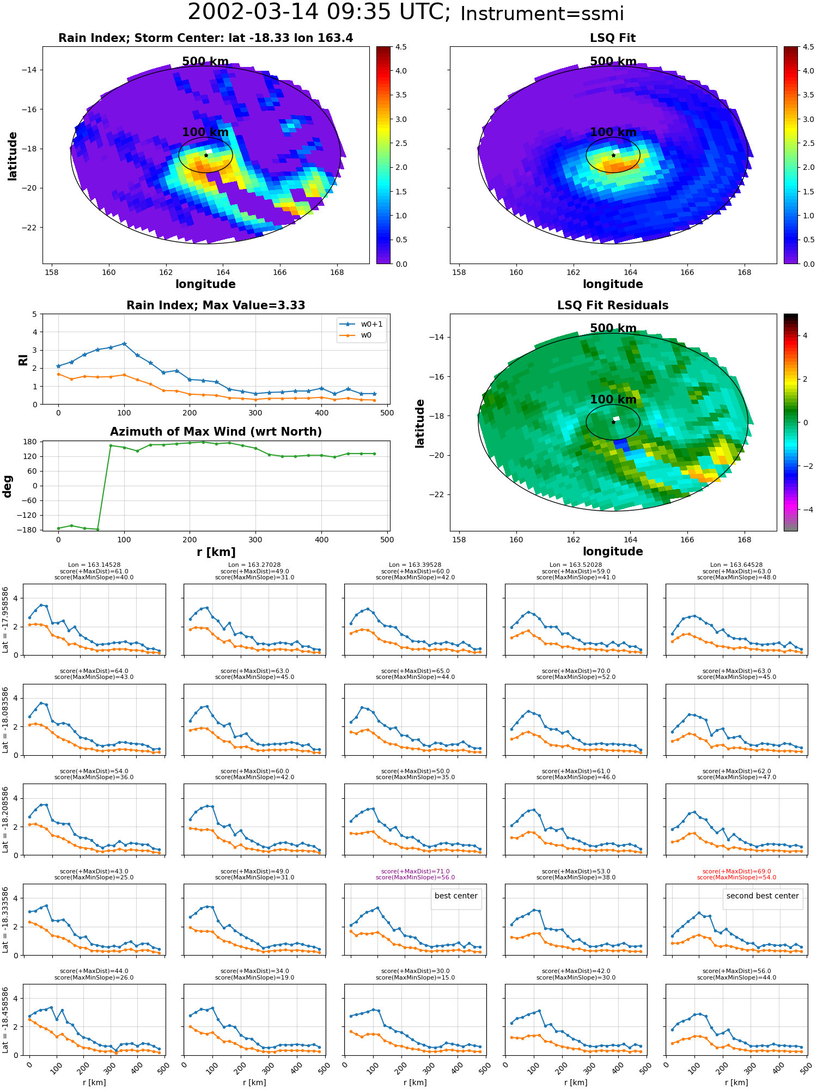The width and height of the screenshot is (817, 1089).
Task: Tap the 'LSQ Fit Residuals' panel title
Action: click(613, 305)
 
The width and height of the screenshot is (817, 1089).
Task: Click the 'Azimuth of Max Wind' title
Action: click(216, 432)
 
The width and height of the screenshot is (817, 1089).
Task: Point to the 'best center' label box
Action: click(456, 896)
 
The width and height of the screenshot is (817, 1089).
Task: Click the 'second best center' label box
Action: click(763, 896)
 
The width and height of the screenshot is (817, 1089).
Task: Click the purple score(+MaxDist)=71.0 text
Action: click(416, 871)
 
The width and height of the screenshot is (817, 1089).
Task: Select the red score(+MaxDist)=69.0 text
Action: click(737, 871)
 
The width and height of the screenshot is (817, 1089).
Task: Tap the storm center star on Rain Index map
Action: click(206, 155)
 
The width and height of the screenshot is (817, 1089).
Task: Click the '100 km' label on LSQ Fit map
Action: click(613, 132)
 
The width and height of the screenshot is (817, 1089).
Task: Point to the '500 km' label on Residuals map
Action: click(613, 328)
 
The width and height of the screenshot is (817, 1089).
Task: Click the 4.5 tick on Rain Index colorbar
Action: click(401, 47)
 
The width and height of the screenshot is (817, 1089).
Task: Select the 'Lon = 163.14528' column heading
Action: click(94, 565)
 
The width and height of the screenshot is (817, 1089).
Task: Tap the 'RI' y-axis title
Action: click(23, 359)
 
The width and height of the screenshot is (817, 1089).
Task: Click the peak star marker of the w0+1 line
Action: click(124, 344)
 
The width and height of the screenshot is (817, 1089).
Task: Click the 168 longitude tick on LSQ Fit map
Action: click(744, 272)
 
